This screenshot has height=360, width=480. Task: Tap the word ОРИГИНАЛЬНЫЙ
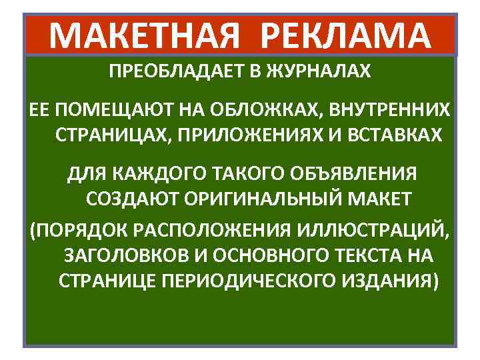[x=274, y=199]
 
